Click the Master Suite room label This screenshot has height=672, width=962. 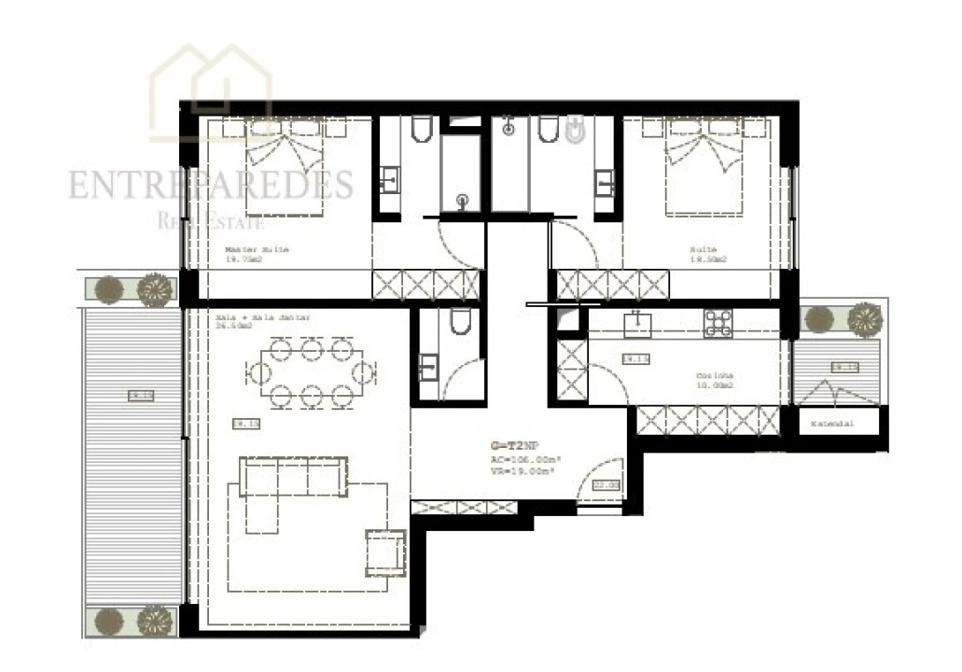[257, 250]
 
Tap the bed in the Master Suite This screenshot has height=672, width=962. [284, 168]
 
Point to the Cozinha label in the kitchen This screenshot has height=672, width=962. [715, 377]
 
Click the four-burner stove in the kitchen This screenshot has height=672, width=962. [718, 323]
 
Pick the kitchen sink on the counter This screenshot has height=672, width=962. [639, 323]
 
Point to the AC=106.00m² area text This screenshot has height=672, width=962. [523, 459]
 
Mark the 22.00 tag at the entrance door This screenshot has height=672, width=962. [606, 484]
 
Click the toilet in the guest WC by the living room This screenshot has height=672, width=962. [458, 322]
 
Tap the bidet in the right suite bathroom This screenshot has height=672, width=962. [577, 132]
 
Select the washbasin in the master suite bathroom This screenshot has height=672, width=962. [389, 180]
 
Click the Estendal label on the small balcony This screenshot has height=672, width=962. [832, 424]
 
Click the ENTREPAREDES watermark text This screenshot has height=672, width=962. [210, 185]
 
